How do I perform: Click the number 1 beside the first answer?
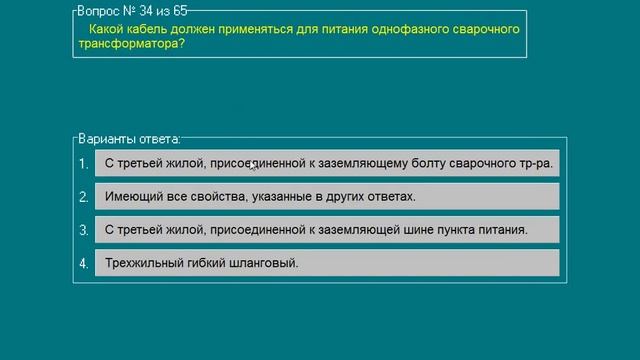pos(84,163)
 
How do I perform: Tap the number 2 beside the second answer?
pos(84,196)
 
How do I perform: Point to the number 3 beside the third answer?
pos(84,230)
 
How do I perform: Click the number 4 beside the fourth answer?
pos(84,264)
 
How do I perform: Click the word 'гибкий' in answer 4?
pos(207,264)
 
